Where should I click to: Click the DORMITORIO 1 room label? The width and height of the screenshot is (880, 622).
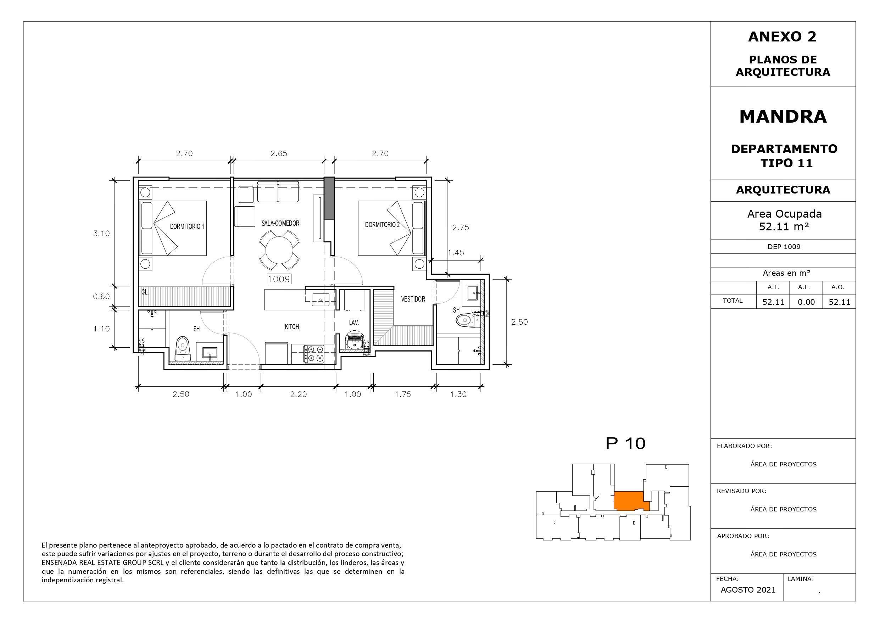pos(187,226)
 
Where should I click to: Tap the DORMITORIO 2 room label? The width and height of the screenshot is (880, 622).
pos(382,225)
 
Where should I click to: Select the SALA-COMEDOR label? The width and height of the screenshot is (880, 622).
pos(280,223)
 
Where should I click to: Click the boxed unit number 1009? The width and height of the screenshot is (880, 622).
pos(279,279)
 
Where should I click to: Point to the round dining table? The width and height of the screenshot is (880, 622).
pos(279,251)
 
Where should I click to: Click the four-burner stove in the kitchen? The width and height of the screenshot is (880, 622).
pos(314,354)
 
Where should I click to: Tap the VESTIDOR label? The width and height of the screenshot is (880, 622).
pos(413,299)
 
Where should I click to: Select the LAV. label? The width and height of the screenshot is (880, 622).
pos(354,323)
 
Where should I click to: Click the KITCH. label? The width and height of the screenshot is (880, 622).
pos(293,327)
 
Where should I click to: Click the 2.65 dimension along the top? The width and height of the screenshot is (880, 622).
pos(279,153)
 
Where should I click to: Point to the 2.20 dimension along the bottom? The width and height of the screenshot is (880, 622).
pos(298,394)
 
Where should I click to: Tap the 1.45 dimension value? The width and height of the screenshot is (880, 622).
pos(456,253)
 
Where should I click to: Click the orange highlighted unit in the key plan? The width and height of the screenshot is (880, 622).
pos(630,500)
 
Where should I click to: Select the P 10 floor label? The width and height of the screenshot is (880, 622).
pos(625,443)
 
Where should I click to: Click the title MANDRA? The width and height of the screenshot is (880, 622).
pos(783,117)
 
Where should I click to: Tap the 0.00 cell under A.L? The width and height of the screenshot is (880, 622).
pos(806,302)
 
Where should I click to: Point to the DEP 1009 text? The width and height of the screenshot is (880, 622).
pos(784,247)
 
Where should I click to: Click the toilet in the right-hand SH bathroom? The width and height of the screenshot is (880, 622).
pos(467,320)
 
